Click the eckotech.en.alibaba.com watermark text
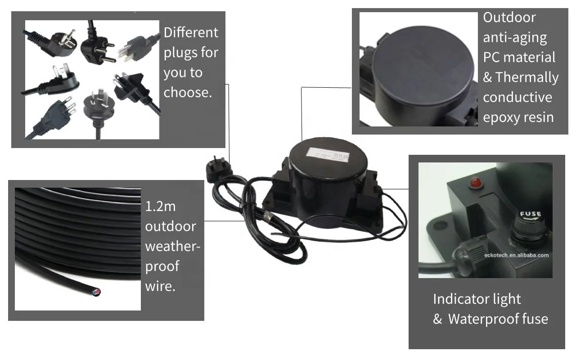tap(517, 255)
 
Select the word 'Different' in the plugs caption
tap(191, 32)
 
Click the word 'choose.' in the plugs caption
tap(187, 92)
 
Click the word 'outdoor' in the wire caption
tap(170, 226)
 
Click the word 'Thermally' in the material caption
tap(526, 77)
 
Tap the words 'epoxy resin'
tap(518, 117)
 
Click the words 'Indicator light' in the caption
tap(477, 299)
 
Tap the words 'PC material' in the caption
tap(519, 57)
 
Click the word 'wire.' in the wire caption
tap(160, 286)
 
